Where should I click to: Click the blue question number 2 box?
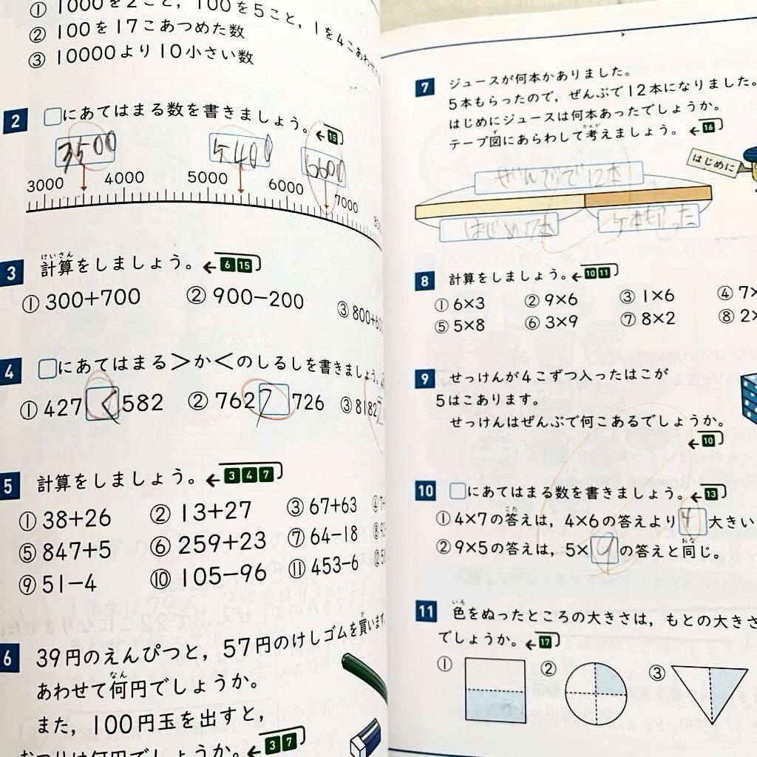(x=16, y=120)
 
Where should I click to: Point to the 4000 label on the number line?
(x=124, y=178)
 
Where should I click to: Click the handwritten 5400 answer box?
(x=240, y=150)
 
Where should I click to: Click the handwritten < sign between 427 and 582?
(x=103, y=403)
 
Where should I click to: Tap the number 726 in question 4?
(x=308, y=402)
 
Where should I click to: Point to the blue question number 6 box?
(x=9, y=659)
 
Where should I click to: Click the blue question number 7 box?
(x=424, y=89)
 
